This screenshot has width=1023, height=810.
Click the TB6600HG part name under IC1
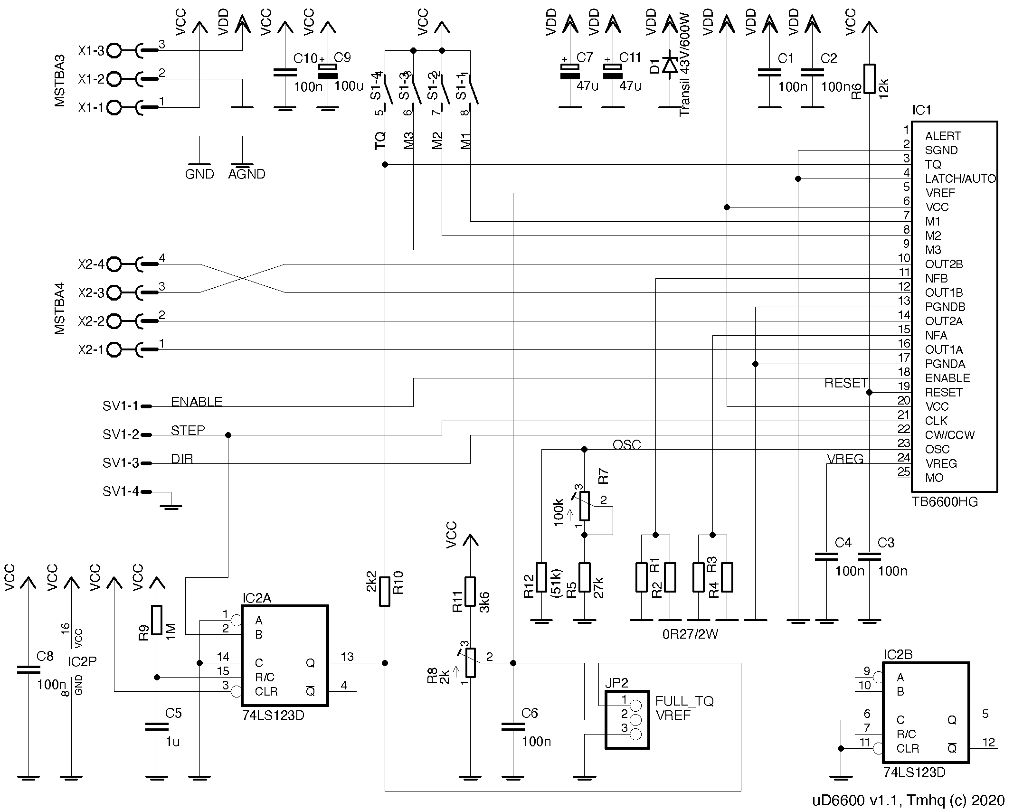[945, 502]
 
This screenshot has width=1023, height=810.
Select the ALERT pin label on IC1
[943, 136]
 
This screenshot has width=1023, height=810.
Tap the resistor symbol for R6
[869, 79]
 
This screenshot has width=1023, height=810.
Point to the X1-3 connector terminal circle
[114, 50]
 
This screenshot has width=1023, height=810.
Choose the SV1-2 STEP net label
[188, 430]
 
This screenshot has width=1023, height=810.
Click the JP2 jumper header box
[627, 720]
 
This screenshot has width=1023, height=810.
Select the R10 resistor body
[385, 591]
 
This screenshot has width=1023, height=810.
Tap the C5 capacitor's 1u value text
[172, 741]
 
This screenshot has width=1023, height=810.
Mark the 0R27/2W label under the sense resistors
[690, 634]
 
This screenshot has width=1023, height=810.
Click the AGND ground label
[246, 174]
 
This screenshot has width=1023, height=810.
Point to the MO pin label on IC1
[934, 478]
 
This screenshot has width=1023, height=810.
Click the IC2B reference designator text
[898, 655]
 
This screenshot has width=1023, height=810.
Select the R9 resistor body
[157, 620]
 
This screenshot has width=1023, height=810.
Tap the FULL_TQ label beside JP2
[684, 701]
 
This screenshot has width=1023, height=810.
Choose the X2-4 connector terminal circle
[114, 264]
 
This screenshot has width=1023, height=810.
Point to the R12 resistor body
[541, 577]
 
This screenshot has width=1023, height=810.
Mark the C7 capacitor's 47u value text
[587, 86]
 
